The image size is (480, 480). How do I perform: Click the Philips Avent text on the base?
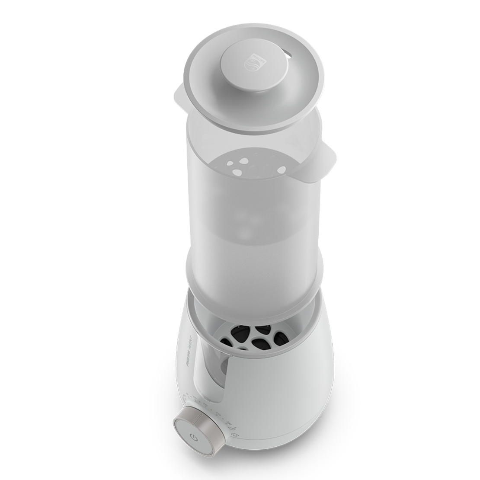coord(188,348)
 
